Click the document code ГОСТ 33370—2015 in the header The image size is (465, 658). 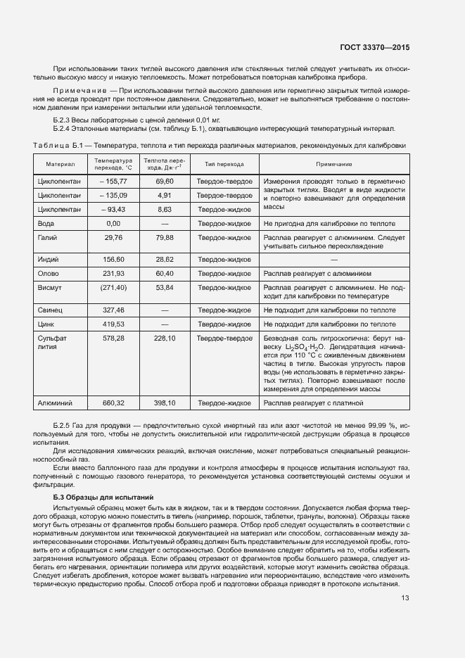[x=375, y=48]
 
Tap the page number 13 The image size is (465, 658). [x=405, y=599]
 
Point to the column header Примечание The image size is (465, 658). [x=334, y=164]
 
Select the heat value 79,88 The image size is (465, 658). [x=165, y=238]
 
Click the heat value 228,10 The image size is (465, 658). [x=165, y=338]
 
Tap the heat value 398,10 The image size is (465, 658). [x=165, y=403]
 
